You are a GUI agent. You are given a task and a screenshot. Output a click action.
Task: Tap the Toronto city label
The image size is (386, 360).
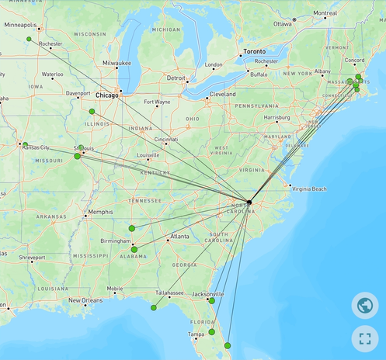click(x=254, y=51)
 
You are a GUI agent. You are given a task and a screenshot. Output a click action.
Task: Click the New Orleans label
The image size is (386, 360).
click(x=85, y=300)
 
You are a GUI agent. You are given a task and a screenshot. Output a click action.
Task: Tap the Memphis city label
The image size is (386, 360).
click(x=100, y=211)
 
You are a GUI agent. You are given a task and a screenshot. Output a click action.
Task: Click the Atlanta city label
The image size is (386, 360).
click(x=179, y=236)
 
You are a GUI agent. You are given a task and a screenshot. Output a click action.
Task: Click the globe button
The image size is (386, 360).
click(x=365, y=305)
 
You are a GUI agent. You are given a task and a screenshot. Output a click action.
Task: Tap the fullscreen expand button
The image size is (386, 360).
click(x=365, y=337)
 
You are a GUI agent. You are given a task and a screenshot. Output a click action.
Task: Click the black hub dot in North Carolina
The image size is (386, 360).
click(x=249, y=202)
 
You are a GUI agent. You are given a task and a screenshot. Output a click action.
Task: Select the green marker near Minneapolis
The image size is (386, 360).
click(x=29, y=39)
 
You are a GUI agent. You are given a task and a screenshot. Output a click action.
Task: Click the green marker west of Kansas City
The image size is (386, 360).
click(x=25, y=145)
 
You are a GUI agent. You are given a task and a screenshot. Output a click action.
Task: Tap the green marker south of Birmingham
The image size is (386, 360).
click(x=134, y=250)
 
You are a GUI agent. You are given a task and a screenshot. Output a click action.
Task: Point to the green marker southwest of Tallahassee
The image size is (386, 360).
click(x=154, y=307)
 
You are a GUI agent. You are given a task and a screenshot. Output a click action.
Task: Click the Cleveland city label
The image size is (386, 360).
click(x=221, y=94)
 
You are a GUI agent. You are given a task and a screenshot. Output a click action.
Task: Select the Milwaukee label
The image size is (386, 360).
click(x=116, y=62)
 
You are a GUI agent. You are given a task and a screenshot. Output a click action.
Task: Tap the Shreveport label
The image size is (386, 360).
click(x=32, y=258)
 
